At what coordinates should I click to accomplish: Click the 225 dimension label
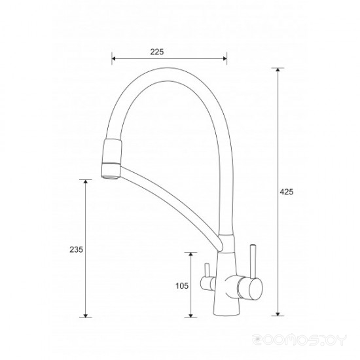(157, 52)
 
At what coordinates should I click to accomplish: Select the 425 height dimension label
(286, 192)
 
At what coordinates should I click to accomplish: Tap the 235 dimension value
(76, 249)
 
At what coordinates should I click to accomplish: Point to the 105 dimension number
(182, 286)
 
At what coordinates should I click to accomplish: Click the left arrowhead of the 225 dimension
(114, 58)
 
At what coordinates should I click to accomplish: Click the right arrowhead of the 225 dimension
(225, 58)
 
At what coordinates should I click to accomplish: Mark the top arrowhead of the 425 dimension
(278, 70)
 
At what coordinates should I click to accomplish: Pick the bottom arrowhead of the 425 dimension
(278, 314)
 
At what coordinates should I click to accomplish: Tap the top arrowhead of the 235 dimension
(86, 181)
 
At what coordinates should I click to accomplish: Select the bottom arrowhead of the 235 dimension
(86, 315)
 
